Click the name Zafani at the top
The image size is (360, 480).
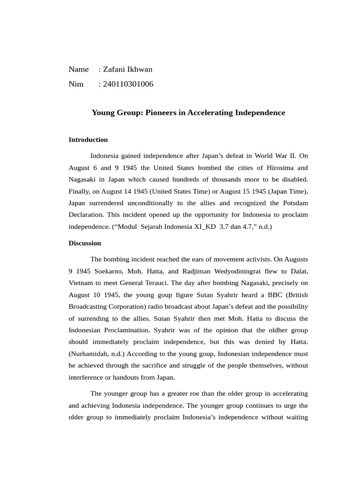pyautogui.click(x=114, y=69)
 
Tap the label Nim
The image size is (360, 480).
pyautogui.click(x=76, y=84)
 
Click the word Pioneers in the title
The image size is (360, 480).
pyautogui.click(x=162, y=112)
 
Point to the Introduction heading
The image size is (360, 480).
pyautogui.click(x=88, y=139)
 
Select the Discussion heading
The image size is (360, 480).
pyautogui.click(x=85, y=243)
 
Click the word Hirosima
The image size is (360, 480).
pyautogui.click(x=275, y=167)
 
